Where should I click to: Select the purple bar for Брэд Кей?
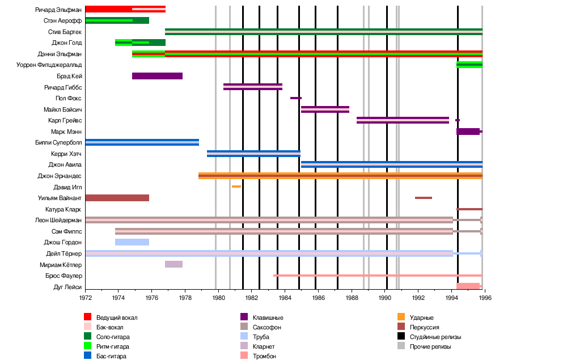pyautogui.click(x=157, y=76)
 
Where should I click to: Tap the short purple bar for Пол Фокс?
pyautogui.click(x=295, y=98)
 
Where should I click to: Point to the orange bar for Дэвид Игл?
pyautogui.click(x=236, y=187)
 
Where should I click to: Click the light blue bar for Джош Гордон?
pyautogui.click(x=132, y=242)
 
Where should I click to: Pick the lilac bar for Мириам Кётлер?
pyautogui.click(x=174, y=264)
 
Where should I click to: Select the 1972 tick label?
pyautogui.click(x=85, y=297)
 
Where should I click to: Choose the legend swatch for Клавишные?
pyautogui.click(x=244, y=317)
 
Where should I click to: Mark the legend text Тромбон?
pyautogui.click(x=265, y=356)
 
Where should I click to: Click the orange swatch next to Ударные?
pyautogui.click(x=401, y=317)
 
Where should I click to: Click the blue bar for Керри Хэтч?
pyautogui.click(x=253, y=154)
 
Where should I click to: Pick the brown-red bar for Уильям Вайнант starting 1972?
pyautogui.click(x=117, y=198)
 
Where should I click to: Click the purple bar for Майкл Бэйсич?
pyautogui.click(x=325, y=109)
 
